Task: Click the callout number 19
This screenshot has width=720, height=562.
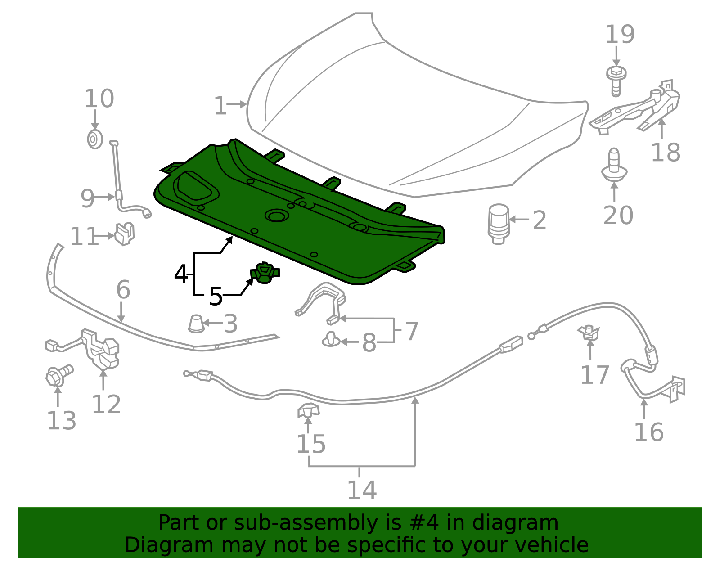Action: point(620,35)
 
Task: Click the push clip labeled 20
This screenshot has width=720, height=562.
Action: point(614,165)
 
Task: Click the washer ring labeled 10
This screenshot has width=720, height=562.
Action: point(94,139)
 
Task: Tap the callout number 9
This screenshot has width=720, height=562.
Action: point(87,198)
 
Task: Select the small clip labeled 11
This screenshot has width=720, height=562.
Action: point(125,233)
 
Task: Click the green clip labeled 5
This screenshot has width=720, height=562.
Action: point(265,273)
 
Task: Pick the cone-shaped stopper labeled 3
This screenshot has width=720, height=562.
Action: point(196,324)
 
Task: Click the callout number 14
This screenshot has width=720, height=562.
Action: point(361,490)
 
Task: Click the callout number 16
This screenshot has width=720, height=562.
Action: point(648,432)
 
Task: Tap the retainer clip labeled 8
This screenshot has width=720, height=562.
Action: point(331,340)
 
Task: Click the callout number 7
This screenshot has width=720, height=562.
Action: point(412,331)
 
